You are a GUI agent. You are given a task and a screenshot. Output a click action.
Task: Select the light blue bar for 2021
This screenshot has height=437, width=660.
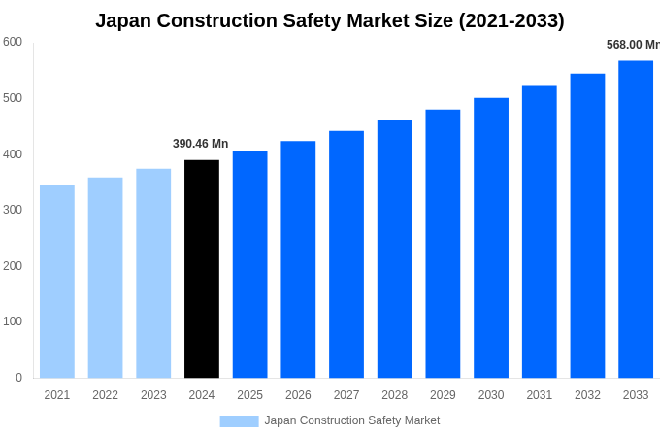point(57,282)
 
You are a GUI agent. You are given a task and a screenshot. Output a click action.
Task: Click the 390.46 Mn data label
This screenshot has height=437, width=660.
point(200,144)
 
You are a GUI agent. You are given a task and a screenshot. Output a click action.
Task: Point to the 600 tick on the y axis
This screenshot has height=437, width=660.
point(13,42)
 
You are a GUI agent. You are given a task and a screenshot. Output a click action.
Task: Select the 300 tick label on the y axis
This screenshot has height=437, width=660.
point(13,210)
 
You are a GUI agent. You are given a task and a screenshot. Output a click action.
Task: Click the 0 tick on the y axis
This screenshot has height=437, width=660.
point(18,378)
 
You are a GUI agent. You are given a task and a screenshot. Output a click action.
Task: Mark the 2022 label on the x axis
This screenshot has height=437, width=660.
point(105,395)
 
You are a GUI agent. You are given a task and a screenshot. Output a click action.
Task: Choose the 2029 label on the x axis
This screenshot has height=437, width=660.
point(443,395)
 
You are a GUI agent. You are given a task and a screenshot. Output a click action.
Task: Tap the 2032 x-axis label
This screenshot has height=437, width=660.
point(587,395)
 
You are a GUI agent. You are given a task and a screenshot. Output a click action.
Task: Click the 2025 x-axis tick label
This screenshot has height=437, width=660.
point(249,395)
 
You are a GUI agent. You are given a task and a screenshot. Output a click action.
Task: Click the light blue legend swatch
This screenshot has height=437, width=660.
point(239,420)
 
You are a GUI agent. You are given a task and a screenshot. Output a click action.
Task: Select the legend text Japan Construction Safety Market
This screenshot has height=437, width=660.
point(351,420)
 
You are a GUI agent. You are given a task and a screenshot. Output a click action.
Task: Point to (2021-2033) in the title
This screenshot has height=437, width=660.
point(511,20)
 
